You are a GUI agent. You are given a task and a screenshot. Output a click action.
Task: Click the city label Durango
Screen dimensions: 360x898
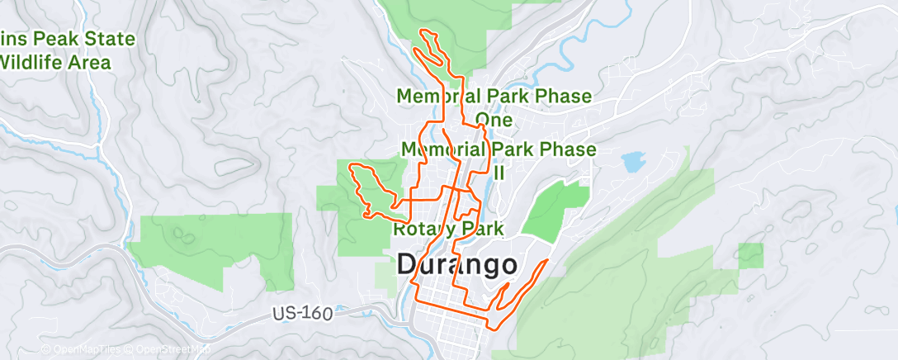[x=458, y=265]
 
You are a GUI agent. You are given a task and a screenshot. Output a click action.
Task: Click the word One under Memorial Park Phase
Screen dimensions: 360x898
[x=494, y=120]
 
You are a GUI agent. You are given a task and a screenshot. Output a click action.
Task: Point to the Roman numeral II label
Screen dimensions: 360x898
[x=499, y=173]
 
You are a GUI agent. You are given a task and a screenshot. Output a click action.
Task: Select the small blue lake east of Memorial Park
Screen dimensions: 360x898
[x=633, y=161]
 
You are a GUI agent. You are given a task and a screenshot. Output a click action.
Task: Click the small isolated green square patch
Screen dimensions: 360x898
[x=750, y=256]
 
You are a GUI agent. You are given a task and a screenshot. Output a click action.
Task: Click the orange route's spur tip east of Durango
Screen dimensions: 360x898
[x=546, y=261]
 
